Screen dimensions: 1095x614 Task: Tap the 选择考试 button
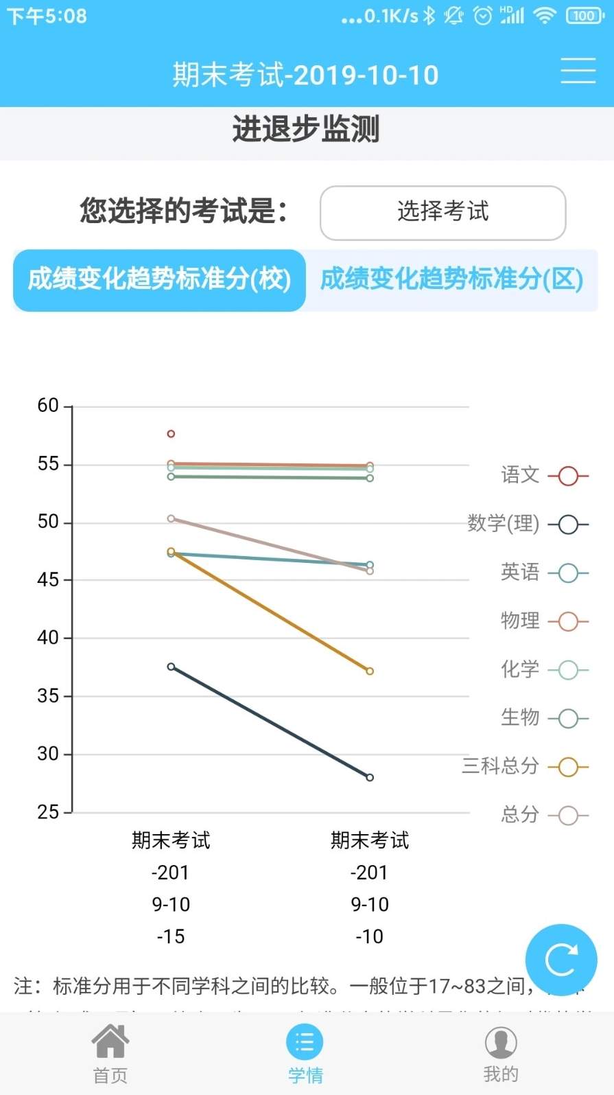[442, 212]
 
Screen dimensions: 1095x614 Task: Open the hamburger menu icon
[578, 71]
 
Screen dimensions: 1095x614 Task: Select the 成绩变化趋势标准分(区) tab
[451, 279]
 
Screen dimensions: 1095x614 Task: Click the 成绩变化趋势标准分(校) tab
[159, 279]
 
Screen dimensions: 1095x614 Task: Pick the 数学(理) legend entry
[528, 524]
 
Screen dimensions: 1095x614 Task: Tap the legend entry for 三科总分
[526, 766]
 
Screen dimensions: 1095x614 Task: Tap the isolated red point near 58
[171, 434]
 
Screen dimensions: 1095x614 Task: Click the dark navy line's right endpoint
[370, 777]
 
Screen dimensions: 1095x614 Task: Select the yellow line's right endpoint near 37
[370, 671]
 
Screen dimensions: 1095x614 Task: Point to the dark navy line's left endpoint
[171, 667]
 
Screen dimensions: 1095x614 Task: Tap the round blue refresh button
[560, 960]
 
